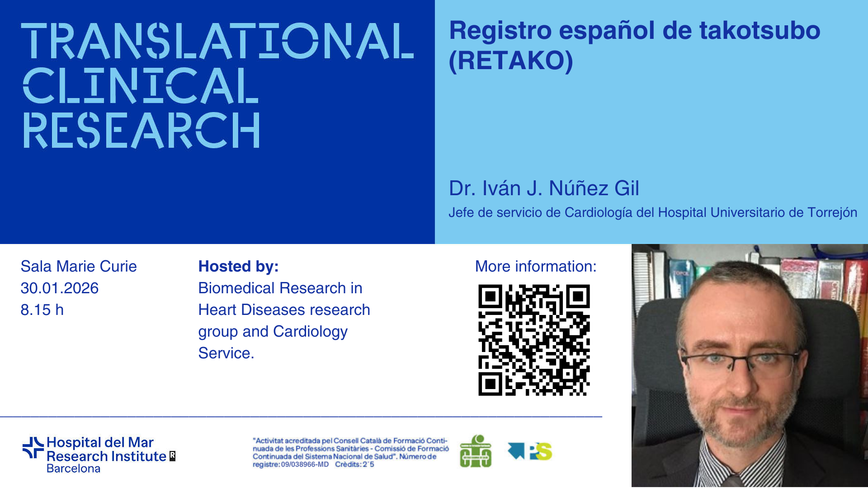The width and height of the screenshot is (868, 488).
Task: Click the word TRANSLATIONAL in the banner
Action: coord(217,41)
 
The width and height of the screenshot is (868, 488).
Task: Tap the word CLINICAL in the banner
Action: coord(141,85)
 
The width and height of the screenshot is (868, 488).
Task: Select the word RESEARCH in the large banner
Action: coord(141,130)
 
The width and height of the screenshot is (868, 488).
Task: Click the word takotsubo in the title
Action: coord(759,31)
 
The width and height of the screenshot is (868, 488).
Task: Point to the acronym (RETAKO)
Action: coord(511,61)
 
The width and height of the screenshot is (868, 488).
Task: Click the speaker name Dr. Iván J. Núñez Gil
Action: coord(544,188)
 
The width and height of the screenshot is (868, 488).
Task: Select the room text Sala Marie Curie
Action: coord(79,267)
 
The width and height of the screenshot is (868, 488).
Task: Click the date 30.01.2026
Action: coord(60,288)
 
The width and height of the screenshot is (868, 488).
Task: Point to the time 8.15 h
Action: coord(42,310)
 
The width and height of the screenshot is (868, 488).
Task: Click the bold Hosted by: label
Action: coord(238,267)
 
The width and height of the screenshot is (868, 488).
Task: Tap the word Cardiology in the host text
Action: coord(310,332)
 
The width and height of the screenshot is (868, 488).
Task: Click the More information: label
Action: coord(536,267)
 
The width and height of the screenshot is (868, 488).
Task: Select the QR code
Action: coord(534,340)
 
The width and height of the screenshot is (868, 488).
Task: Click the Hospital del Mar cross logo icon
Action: coord(33,448)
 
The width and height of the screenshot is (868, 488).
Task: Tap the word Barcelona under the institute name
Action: coord(73,469)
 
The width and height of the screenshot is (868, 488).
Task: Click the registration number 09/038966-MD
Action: coord(305,465)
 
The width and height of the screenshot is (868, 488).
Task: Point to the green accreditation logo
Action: coord(476,451)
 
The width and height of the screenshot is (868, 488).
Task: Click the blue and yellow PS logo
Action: coord(530,451)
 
